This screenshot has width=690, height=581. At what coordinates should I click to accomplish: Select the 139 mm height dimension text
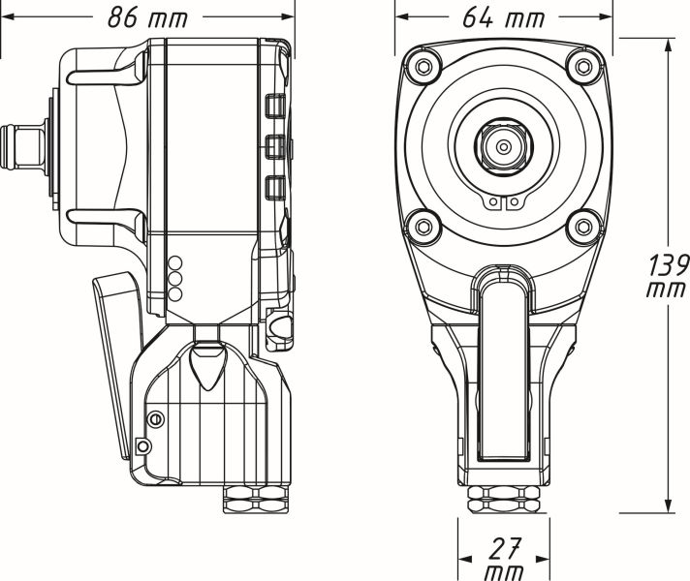point(669,276)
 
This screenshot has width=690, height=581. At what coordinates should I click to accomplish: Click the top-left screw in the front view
point(422,66)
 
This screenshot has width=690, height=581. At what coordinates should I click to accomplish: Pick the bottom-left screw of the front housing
point(422,228)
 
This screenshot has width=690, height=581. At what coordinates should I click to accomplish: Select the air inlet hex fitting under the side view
point(257,502)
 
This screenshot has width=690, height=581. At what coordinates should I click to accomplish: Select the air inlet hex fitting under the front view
point(503,502)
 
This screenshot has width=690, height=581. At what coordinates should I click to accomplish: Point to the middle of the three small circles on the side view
point(175,278)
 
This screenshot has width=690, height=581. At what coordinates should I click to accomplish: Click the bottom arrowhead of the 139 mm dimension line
point(669,507)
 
